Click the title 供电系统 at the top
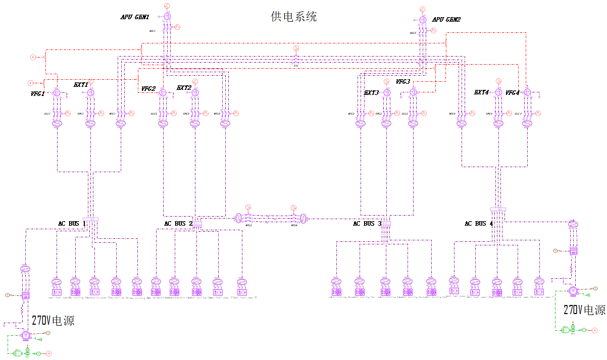tap(294, 17)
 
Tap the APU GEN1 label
tap(134, 17)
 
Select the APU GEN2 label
tap(446, 20)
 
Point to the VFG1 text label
tap(38, 93)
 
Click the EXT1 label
tap(81, 85)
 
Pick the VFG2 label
tap(148, 89)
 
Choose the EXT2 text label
tap(184, 88)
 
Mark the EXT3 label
tap(372, 93)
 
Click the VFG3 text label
tap(403, 82)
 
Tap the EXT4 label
tap(482, 92)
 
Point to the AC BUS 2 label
tap(178, 224)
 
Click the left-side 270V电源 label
tap(53, 320)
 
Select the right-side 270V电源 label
tap(584, 310)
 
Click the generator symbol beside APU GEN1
tap(167, 17)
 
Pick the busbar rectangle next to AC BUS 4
tap(498, 210)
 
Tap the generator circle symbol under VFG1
tap(57, 93)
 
